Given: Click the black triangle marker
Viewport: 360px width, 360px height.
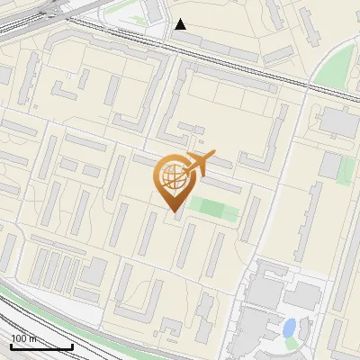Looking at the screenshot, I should point(181,24).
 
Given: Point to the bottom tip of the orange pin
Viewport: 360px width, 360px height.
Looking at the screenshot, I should point(173,210).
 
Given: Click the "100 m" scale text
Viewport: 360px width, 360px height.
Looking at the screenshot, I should point(23,337).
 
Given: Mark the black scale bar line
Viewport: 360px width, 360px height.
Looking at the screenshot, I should point(41,346).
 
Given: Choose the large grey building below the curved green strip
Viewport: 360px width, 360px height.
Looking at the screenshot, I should point(338,121).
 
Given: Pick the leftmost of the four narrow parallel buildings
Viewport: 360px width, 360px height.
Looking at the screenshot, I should point(40,266).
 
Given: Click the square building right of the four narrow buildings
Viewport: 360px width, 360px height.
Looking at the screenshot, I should point(94,271).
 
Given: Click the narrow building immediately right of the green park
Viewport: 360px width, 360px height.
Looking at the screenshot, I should point(249,219).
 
